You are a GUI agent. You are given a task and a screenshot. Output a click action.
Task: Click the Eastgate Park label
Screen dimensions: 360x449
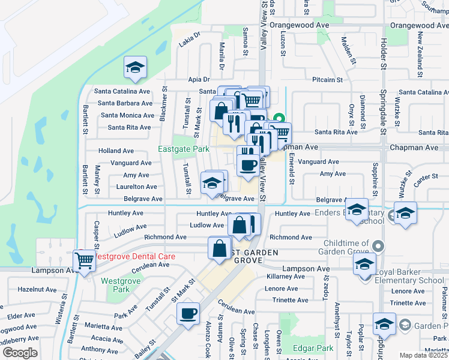[184, 149]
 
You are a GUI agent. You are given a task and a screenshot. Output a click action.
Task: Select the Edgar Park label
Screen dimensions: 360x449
[312, 348]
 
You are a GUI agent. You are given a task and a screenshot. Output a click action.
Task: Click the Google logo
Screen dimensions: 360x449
[20, 353]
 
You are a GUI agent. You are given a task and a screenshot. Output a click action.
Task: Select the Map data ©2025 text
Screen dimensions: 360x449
[423, 355]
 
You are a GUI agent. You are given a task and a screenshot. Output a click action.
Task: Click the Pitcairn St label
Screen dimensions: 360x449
[327, 79]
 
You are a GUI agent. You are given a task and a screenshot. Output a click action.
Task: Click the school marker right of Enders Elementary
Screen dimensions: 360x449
[405, 213]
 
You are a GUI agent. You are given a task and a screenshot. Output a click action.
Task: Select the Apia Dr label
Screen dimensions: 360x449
[198, 79]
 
